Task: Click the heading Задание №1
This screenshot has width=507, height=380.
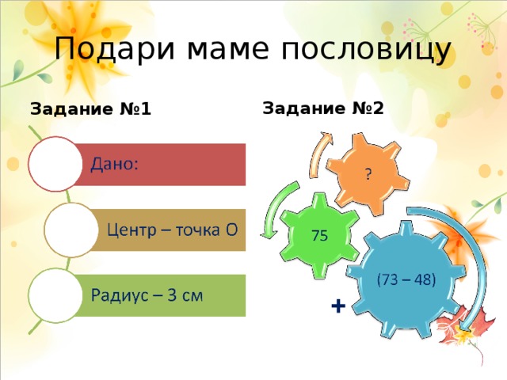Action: click(x=90, y=109)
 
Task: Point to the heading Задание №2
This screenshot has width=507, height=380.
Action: click(x=322, y=107)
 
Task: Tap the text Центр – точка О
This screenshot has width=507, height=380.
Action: click(x=172, y=230)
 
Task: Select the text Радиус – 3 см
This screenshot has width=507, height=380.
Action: click(x=147, y=296)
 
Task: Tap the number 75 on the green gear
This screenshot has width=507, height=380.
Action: click(x=320, y=235)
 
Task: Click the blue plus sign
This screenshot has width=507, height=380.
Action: click(x=337, y=306)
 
